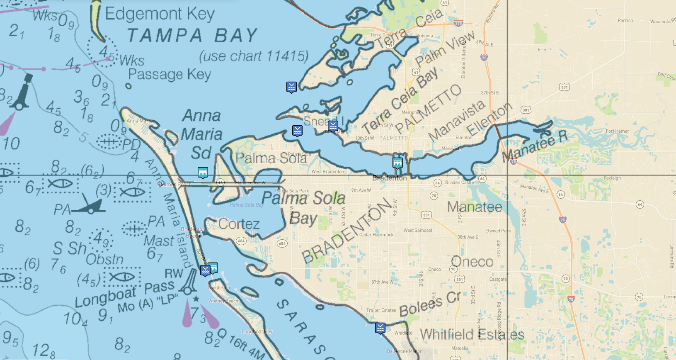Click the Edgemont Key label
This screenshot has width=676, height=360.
[x=160, y=14]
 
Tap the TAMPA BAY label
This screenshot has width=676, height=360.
[x=192, y=36]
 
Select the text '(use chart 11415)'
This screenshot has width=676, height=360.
[x=254, y=56]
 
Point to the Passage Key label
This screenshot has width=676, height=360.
[x=170, y=75]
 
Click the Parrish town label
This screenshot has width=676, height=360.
[x=625, y=20]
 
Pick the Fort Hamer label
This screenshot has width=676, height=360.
[x=617, y=131]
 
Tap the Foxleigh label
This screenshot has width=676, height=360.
[x=612, y=178]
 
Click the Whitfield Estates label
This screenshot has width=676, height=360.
[x=472, y=334]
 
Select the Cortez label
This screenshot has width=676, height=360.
[x=239, y=224]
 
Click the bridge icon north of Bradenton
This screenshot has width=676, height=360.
[x=397, y=163]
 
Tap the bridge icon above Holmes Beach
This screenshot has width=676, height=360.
[x=203, y=172]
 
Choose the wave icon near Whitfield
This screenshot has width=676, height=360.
[x=380, y=328]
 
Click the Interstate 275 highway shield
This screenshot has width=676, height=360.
[x=458, y=23]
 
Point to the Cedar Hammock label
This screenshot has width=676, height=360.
[x=376, y=235]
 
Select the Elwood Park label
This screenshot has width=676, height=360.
[x=498, y=231]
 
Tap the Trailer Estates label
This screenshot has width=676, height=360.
[x=381, y=310]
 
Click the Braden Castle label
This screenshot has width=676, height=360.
[x=459, y=182]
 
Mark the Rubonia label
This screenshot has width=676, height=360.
[x=424, y=36]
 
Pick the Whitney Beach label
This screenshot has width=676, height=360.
[x=223, y=301]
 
